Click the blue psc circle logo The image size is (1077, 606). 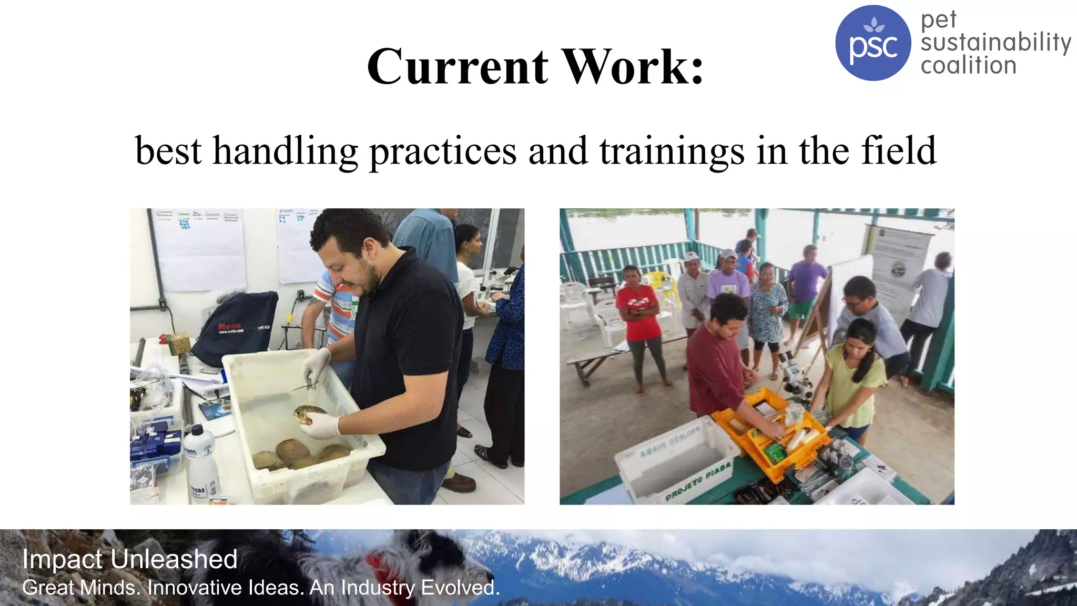[872, 43]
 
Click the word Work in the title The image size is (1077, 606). [634, 67]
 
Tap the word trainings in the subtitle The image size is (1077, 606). [672, 151]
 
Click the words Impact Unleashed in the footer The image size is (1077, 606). [130, 559]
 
